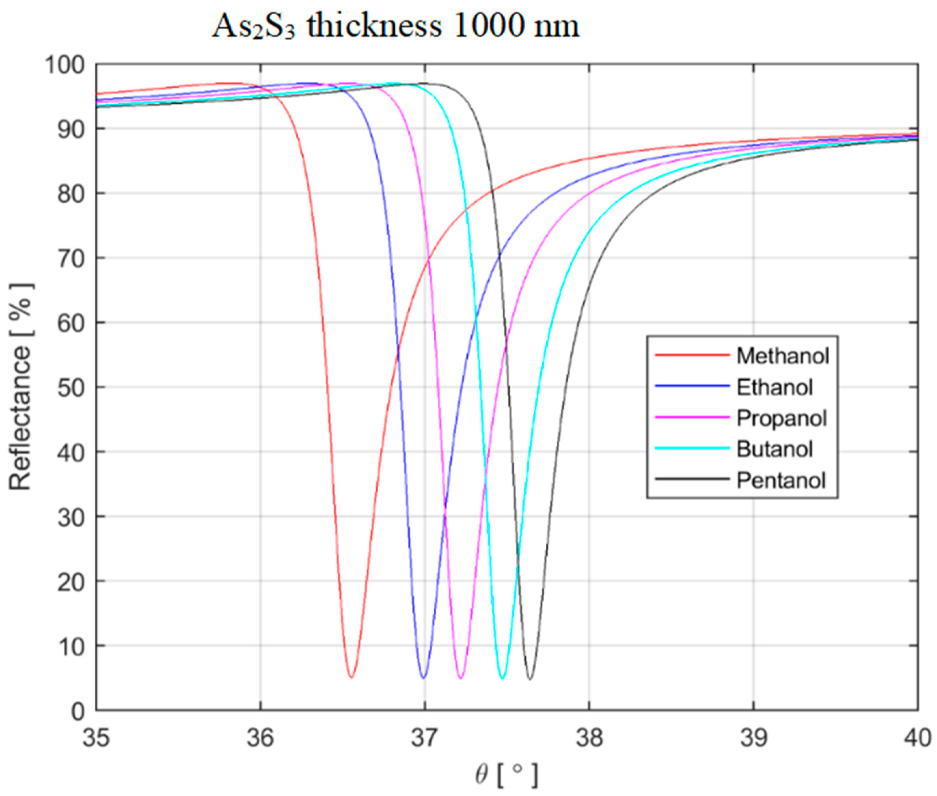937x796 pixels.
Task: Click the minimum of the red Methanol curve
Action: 351,677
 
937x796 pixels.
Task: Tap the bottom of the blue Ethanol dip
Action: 423,677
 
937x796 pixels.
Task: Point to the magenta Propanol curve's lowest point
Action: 461,677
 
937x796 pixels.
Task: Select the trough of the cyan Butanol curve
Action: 502,678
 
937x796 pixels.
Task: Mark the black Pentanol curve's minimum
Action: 530,678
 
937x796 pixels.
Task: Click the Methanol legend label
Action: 783,356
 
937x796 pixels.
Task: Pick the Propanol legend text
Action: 781,418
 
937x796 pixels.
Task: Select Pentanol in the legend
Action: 781,480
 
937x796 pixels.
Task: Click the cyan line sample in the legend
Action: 692,448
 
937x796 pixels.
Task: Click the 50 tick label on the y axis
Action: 71,388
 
